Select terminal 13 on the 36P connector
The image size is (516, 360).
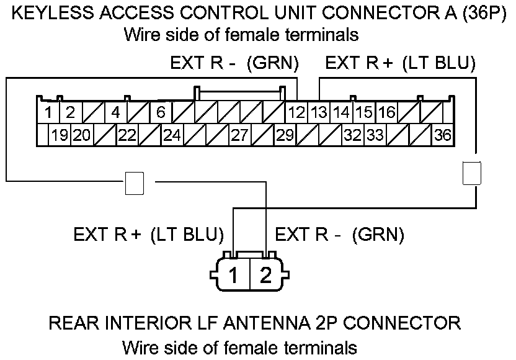[319, 113]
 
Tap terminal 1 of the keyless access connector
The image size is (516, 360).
[48, 113]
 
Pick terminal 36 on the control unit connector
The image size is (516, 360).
[443, 135]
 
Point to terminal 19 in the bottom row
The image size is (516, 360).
[60, 135]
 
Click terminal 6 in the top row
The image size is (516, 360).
[160, 113]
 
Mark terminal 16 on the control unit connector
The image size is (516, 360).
[386, 113]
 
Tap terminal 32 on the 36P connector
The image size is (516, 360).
[352, 135]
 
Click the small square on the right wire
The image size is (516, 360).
[471, 172]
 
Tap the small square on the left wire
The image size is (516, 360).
[135, 182]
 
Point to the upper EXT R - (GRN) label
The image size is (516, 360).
[235, 63]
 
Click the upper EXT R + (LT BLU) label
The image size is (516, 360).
[400, 63]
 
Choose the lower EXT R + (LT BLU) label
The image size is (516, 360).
[149, 235]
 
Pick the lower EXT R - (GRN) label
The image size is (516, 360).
[340, 235]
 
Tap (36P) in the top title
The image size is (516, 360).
[486, 14]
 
